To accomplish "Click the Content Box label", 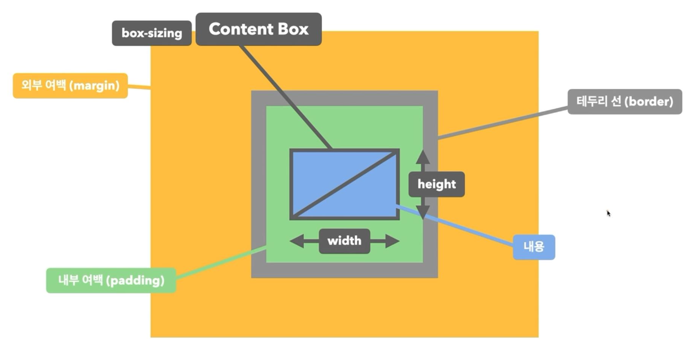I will click(x=259, y=29).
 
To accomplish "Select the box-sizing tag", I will click(x=151, y=33).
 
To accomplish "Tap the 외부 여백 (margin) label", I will click(x=70, y=86).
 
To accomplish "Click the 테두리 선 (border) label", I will click(x=624, y=102).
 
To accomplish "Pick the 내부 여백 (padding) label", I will click(x=111, y=280).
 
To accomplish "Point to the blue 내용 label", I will click(x=534, y=247).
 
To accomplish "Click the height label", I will click(x=436, y=184).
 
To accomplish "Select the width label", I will click(x=344, y=241).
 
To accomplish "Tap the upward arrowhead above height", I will click(x=423, y=156).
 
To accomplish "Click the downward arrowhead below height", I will click(x=423, y=212).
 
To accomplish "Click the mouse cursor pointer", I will click(x=609, y=213).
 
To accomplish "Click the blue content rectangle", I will click(x=316, y=169).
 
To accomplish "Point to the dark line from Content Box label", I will click(x=285, y=96).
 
